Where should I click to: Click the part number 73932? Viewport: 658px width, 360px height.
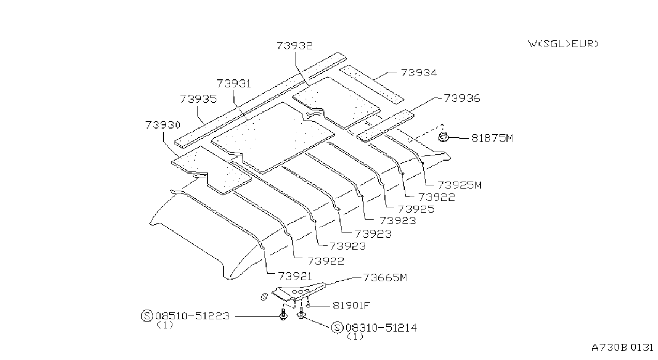[294, 46]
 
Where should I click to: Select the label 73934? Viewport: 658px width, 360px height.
[419, 72]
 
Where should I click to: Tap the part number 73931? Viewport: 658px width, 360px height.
[234, 84]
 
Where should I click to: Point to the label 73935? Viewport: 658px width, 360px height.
[198, 99]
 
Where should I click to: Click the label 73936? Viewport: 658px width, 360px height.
[462, 98]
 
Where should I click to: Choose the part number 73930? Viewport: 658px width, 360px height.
[162, 125]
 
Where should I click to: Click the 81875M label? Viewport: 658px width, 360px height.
[492, 138]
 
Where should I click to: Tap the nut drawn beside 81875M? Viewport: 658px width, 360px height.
[443, 137]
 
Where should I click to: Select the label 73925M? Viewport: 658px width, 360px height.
[459, 185]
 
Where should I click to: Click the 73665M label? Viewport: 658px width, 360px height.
[385, 277]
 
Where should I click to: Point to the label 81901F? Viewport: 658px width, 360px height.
[351, 306]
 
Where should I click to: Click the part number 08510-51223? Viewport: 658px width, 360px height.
[192, 316]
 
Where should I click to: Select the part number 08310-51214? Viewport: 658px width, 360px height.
[381, 328]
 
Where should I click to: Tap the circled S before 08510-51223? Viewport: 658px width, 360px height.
[147, 316]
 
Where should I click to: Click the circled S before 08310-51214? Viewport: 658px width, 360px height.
[337, 328]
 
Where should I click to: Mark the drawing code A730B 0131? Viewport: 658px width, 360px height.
[623, 348]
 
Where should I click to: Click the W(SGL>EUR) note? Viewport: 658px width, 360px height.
[563, 44]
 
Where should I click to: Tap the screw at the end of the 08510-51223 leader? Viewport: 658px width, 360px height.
[283, 314]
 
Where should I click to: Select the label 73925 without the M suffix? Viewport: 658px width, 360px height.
[416, 209]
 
